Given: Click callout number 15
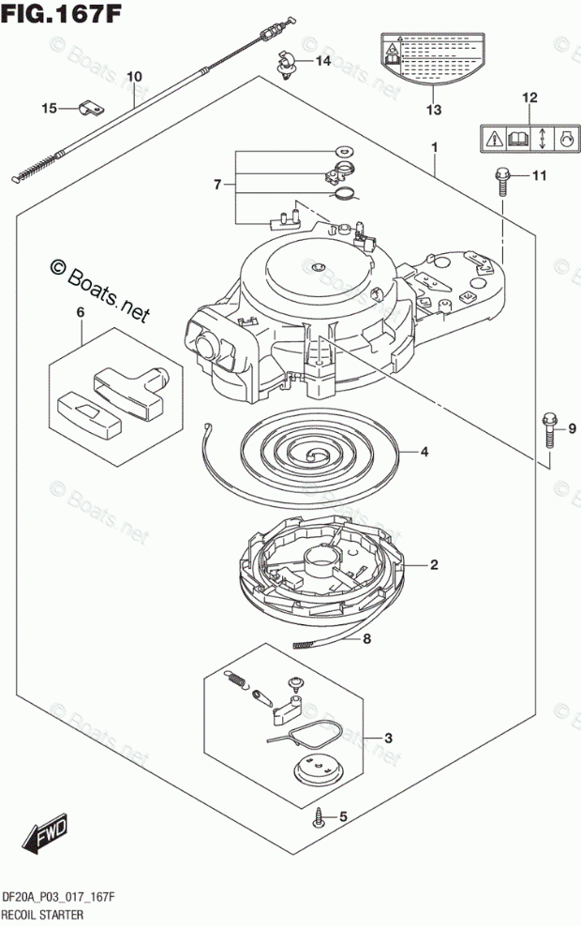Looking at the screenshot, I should point(49,109).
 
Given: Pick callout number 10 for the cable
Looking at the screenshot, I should point(133,76).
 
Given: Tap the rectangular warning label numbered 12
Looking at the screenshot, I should point(529,140).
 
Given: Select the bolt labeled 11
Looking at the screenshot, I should point(501,179).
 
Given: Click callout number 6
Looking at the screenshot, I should point(81,311).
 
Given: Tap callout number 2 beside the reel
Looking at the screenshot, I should point(434,565).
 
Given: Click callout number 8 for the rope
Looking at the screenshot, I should point(367,640).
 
